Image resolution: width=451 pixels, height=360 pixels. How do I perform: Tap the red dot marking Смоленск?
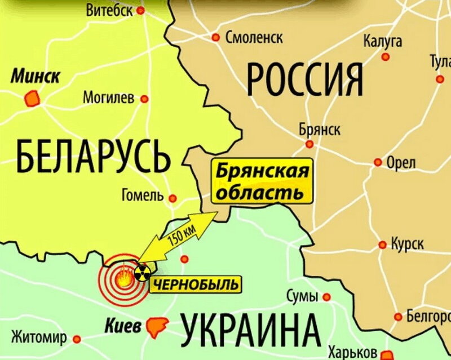point(215,38)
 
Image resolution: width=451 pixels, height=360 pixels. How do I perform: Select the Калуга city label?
point(383,41)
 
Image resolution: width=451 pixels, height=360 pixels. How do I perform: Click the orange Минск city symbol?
point(31,100)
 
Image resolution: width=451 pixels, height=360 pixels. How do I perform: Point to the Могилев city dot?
point(144,99)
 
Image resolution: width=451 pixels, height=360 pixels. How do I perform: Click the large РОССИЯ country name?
point(304,79)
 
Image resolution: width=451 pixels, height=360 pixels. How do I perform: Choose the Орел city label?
point(401,163)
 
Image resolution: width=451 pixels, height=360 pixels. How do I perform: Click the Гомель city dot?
point(173,198)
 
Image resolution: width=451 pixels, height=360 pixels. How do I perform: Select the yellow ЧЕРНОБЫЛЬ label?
point(195,284)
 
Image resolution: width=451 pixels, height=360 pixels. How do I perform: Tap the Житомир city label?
point(38,338)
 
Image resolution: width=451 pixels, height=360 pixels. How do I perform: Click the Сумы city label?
point(302,296)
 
